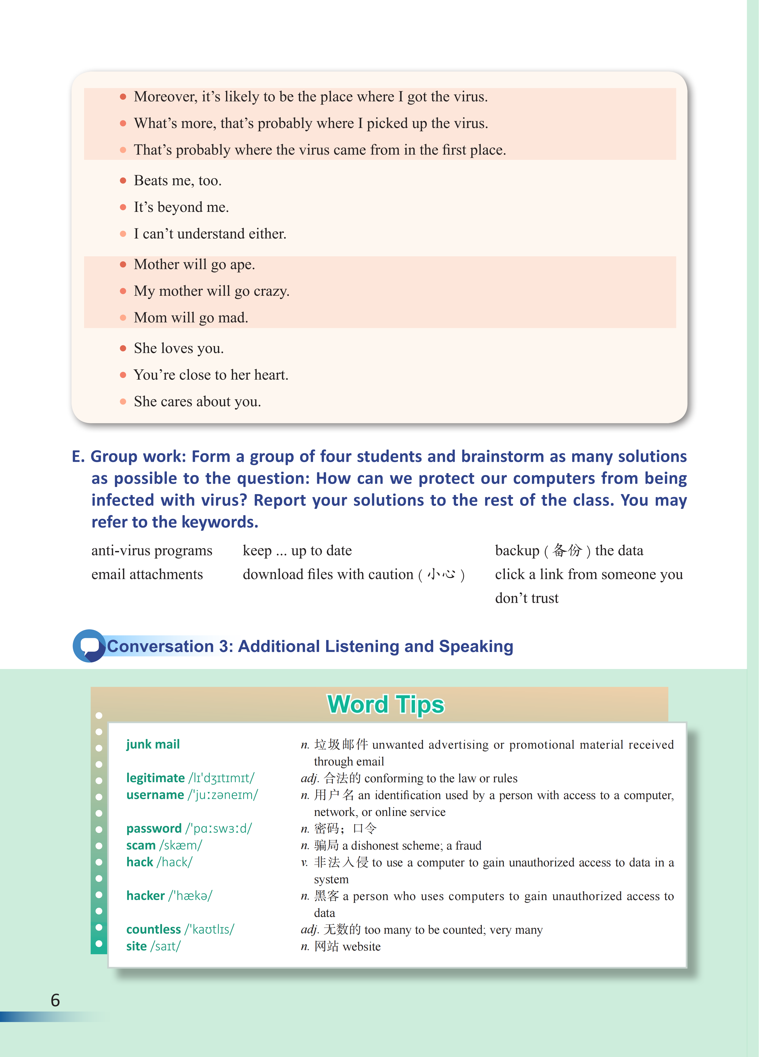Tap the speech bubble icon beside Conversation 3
(89, 646)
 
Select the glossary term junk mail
(153, 744)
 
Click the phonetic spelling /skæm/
(181, 845)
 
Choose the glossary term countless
(153, 929)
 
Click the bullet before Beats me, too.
(123, 180)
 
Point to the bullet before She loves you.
(123, 348)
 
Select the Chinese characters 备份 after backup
(567, 550)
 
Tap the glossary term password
(154, 828)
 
